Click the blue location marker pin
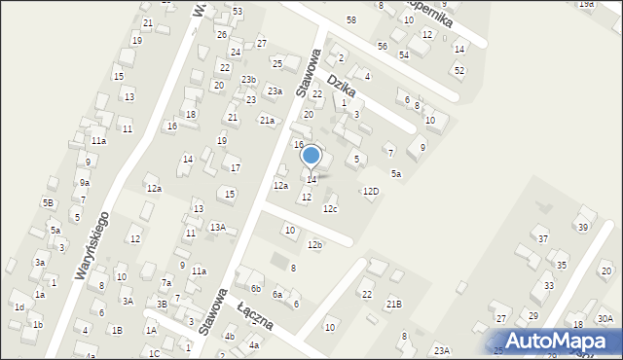coord(311,156)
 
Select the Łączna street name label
coord(253,317)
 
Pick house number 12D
coord(371,191)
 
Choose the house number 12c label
coord(331,208)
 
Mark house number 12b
coord(314,244)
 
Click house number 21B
coord(393,305)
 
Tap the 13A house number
coord(218,227)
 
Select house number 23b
coord(249,80)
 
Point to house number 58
coord(350,20)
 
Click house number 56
coord(383,46)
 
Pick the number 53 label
coord(238,11)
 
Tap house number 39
coord(583,227)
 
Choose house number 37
coord(543,238)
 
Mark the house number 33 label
coord(549,285)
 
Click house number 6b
coord(256,289)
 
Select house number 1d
coord(19,306)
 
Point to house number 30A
coord(605,319)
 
